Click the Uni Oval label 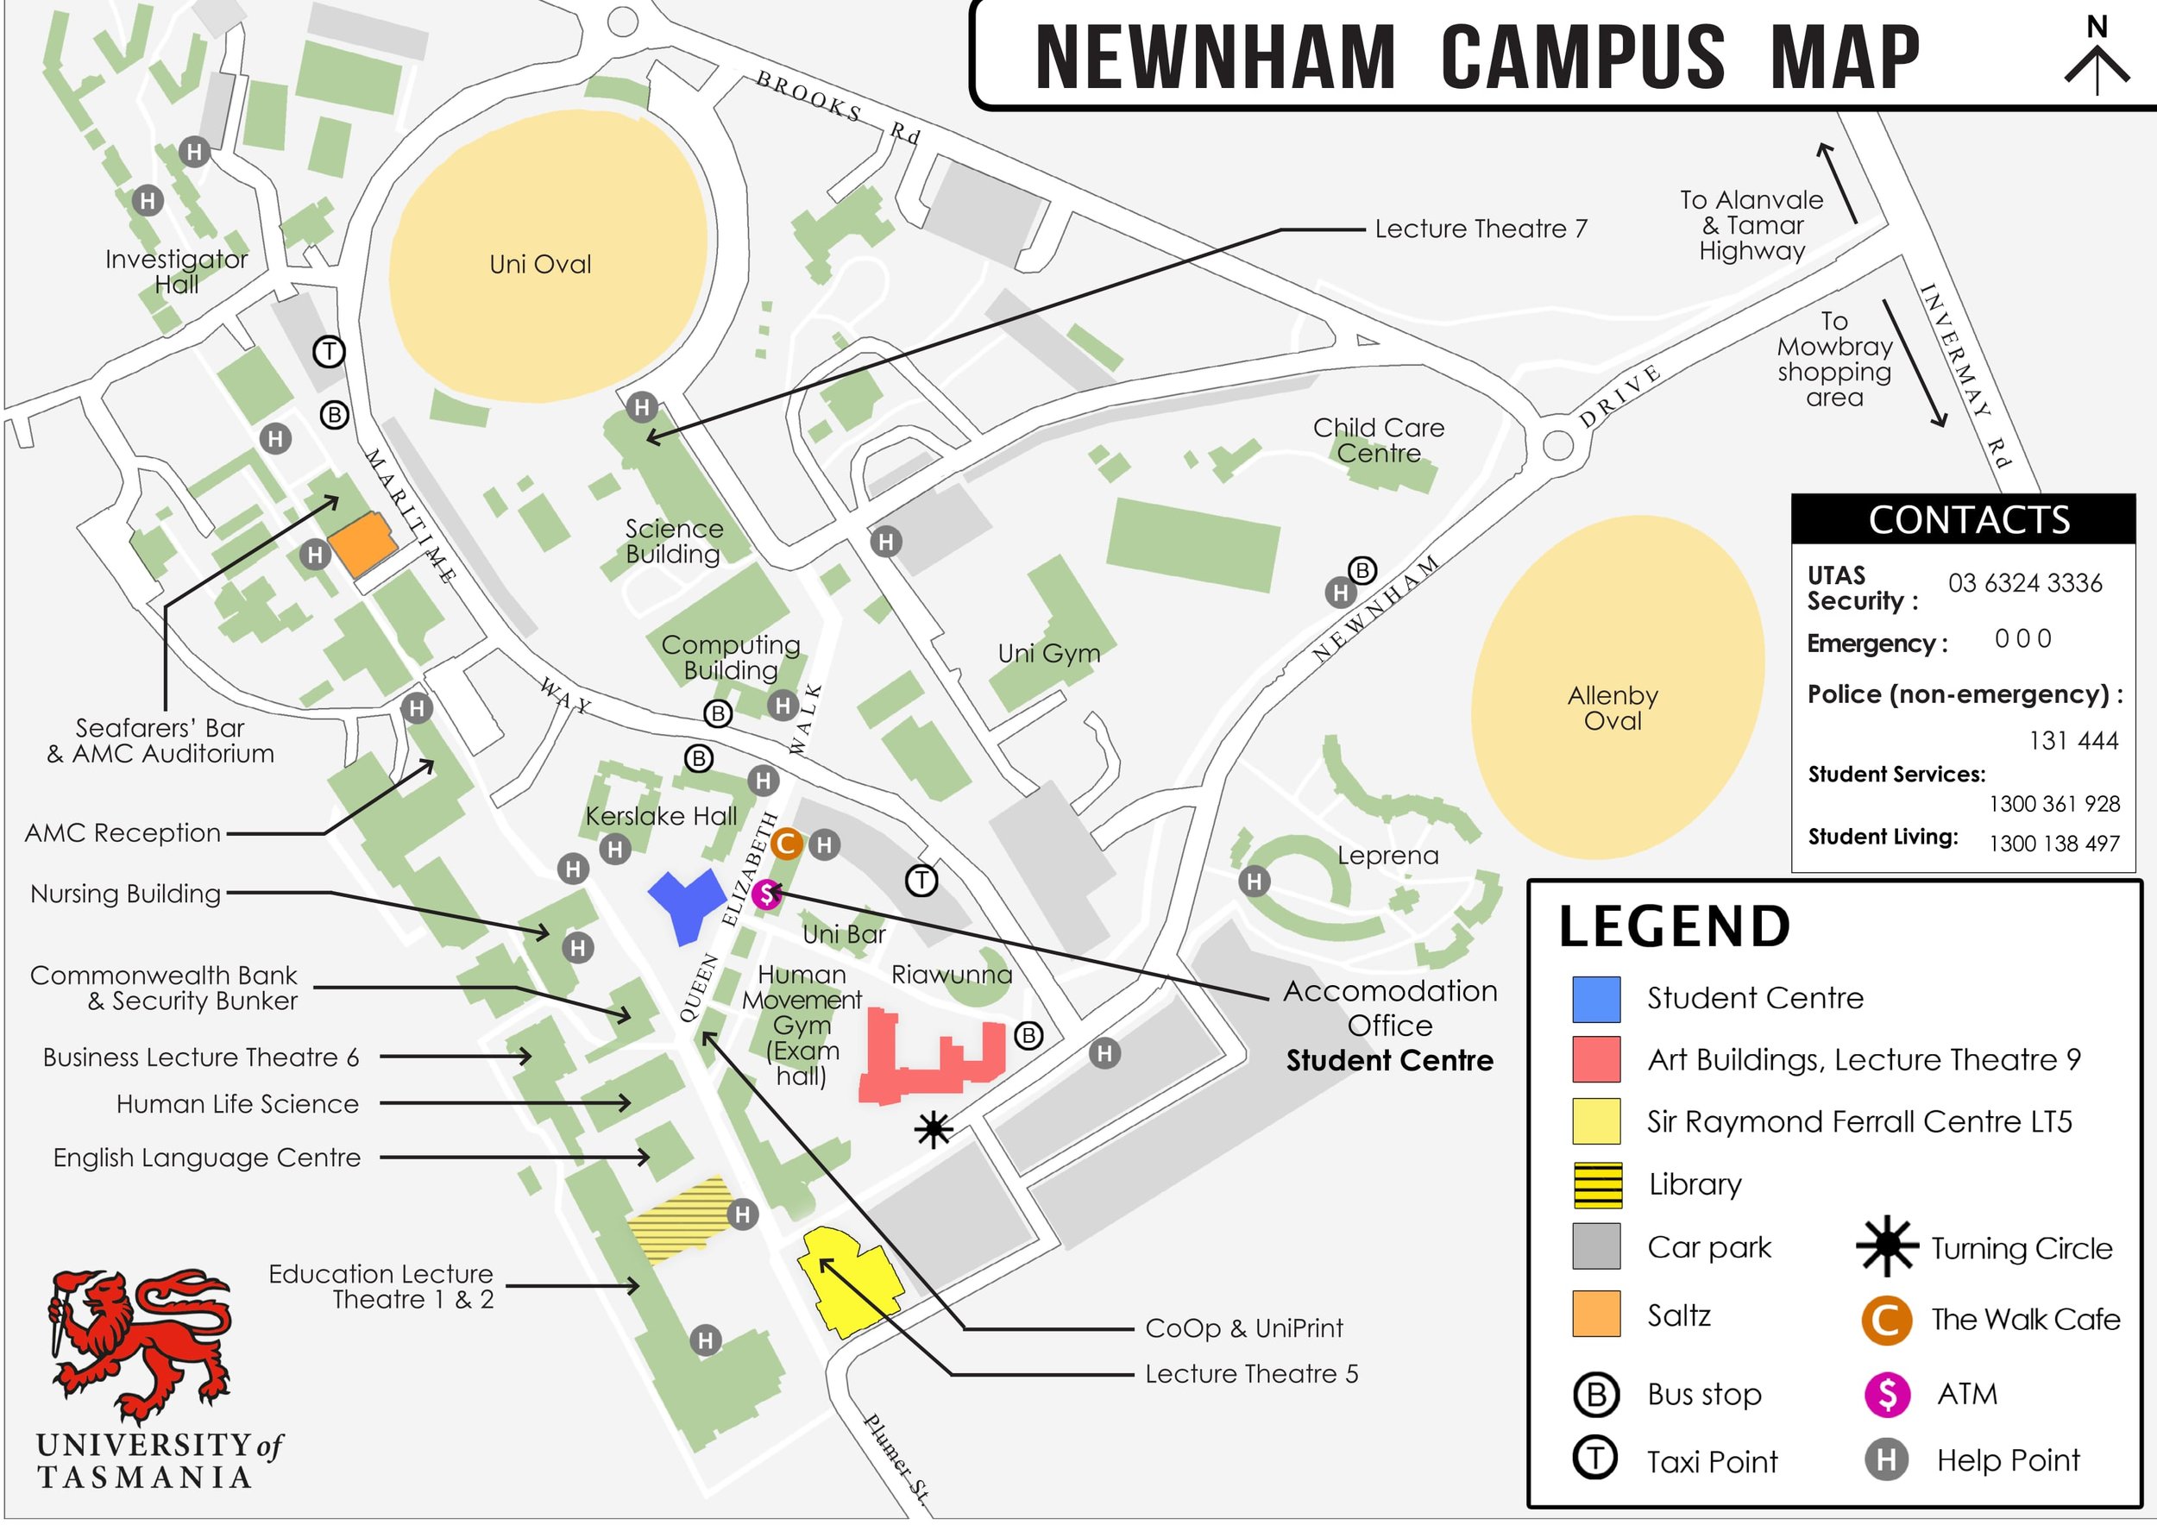(540, 264)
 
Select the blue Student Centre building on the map (687, 903)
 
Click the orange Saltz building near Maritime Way (361, 543)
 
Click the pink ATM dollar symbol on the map (767, 894)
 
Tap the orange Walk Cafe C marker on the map (786, 844)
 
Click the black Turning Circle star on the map (933, 1130)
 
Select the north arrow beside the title (2097, 58)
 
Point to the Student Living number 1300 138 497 (2053, 844)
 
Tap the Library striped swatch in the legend (1597, 1185)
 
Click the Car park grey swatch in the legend (1597, 1247)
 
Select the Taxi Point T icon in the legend (1595, 1459)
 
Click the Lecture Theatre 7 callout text (1481, 229)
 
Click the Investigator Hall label (177, 272)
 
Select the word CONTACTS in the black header (1968, 520)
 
